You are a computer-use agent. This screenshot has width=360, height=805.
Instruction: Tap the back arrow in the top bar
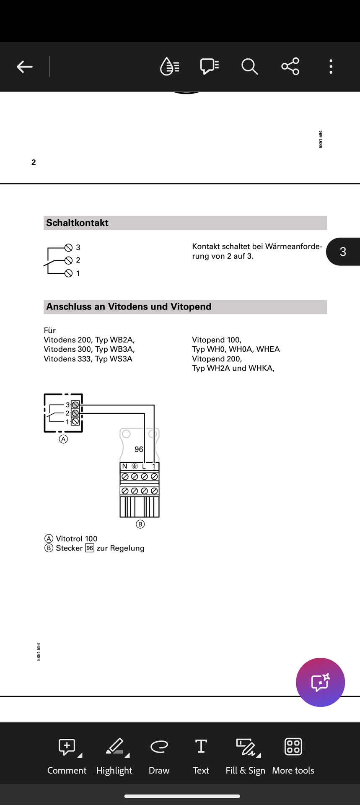[25, 67]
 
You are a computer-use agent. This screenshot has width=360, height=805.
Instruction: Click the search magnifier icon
[249, 66]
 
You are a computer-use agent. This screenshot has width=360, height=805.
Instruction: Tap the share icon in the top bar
[290, 66]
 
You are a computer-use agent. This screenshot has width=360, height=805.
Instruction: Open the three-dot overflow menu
[331, 66]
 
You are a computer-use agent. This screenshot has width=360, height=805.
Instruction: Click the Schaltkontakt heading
[77, 223]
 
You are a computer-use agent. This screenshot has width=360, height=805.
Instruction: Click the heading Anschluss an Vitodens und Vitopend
[129, 306]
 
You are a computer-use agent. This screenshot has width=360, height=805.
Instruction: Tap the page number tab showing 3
[343, 252]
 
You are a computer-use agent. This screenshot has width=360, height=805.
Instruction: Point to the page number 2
[34, 162]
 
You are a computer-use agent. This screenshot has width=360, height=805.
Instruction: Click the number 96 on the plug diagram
[139, 449]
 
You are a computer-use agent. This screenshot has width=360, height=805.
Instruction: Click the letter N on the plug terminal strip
[124, 466]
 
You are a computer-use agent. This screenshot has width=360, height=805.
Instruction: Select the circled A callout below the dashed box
[63, 439]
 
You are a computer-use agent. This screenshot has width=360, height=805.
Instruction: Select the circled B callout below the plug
[140, 524]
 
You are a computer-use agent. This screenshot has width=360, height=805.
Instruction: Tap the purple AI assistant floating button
[320, 682]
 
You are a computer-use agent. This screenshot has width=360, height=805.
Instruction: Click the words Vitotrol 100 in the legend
[76, 539]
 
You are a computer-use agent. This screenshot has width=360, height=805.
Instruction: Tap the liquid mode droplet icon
[170, 66]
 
